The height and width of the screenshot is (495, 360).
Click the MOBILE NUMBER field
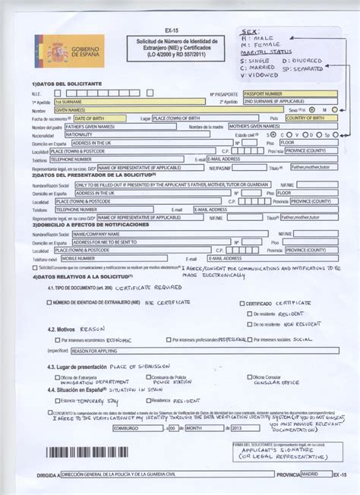[90, 258]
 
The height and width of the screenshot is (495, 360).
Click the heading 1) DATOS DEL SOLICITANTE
[68, 83]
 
